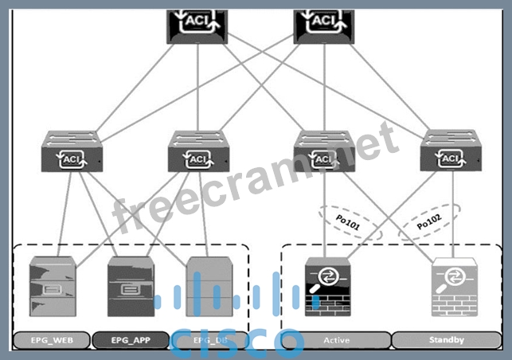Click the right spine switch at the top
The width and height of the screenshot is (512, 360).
(324, 24)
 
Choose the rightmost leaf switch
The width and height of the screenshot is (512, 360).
(451, 153)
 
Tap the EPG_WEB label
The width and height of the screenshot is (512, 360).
(51, 340)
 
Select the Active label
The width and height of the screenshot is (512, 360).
(336, 340)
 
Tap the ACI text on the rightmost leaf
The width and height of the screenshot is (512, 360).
(451, 158)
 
